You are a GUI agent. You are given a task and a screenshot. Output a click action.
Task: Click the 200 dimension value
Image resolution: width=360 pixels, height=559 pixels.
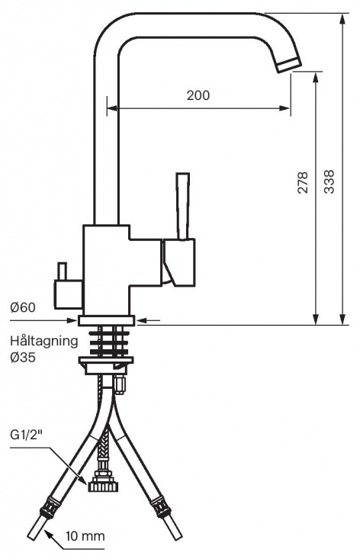click(x=198, y=95)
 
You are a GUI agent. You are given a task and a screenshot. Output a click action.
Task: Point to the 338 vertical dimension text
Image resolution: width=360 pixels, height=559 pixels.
click(x=328, y=182)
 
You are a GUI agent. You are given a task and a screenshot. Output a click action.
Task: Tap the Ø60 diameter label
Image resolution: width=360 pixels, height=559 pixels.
click(x=23, y=307)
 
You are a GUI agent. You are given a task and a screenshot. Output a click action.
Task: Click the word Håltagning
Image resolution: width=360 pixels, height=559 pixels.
click(x=43, y=340)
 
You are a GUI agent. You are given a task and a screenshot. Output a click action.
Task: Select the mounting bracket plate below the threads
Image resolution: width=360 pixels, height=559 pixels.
click(x=106, y=365)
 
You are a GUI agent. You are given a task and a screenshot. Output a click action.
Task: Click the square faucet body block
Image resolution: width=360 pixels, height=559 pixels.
click(x=106, y=267)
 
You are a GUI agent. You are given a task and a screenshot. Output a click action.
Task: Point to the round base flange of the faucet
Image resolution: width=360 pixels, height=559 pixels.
click(x=106, y=320)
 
